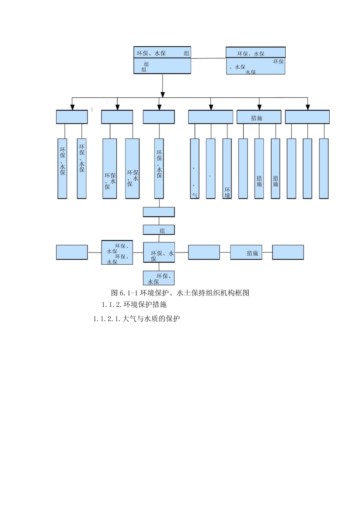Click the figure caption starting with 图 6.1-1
pyautogui.click(x=180, y=293)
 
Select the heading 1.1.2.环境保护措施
pyautogui.click(x=134, y=304)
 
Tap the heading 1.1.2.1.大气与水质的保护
pyautogui.click(x=136, y=319)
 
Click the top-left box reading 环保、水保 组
pyautogui.click(x=162, y=60)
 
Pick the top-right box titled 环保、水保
pyautogui.click(x=255, y=61)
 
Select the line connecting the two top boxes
pyautogui.click(x=208, y=58)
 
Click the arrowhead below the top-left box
pyautogui.click(x=163, y=94)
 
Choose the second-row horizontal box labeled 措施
pyautogui.click(x=259, y=117)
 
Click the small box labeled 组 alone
pyautogui.click(x=159, y=230)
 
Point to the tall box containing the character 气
pyautogui.click(x=194, y=169)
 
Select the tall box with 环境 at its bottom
pyautogui.click(x=227, y=169)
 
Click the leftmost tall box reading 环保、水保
pyautogui.click(x=62, y=169)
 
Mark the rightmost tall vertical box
pyautogui.click(x=324, y=169)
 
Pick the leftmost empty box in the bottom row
pyautogui.click(x=72, y=252)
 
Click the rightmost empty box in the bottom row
pyautogui.click(x=288, y=252)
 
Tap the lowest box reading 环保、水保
pyautogui.click(x=159, y=278)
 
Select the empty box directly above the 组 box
pyautogui.click(x=159, y=212)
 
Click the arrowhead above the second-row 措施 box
pyautogui.click(x=259, y=107)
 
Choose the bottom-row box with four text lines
pyautogui.click(x=117, y=252)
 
